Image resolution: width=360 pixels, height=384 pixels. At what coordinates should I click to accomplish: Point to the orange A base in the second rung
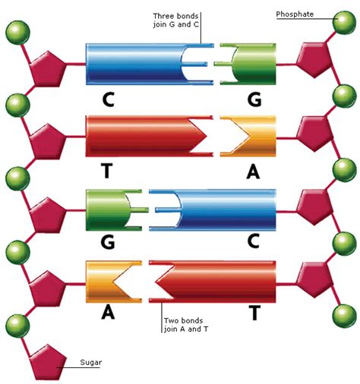pos(248,136)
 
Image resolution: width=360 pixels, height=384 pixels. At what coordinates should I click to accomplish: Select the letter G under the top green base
pos(254,99)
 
